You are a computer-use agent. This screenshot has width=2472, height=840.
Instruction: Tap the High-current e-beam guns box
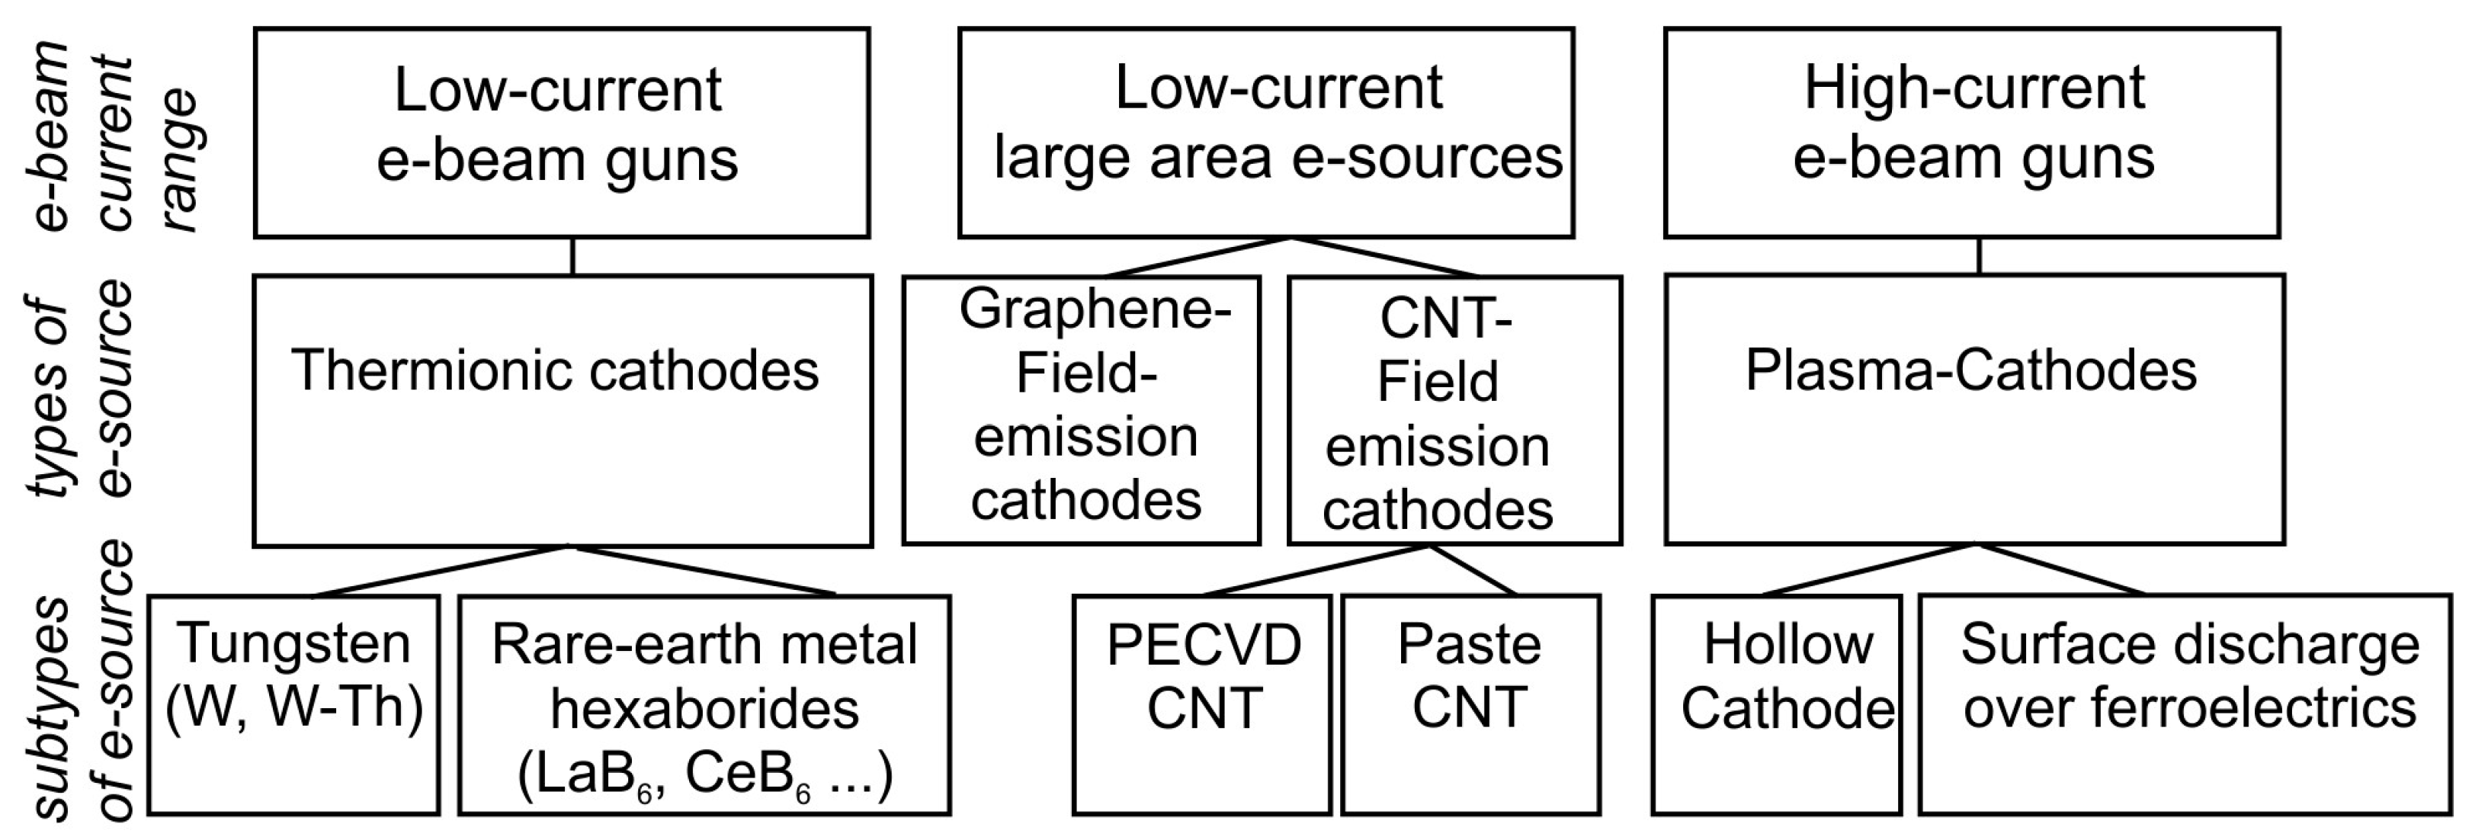click(x=1972, y=133)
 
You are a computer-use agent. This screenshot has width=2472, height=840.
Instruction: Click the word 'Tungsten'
click(x=293, y=643)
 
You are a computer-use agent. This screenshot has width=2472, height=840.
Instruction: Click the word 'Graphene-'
click(x=1095, y=309)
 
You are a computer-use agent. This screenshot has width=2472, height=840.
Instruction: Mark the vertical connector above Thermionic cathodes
click(x=573, y=256)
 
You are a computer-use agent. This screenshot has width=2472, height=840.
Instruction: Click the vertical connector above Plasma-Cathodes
click(x=1980, y=256)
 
